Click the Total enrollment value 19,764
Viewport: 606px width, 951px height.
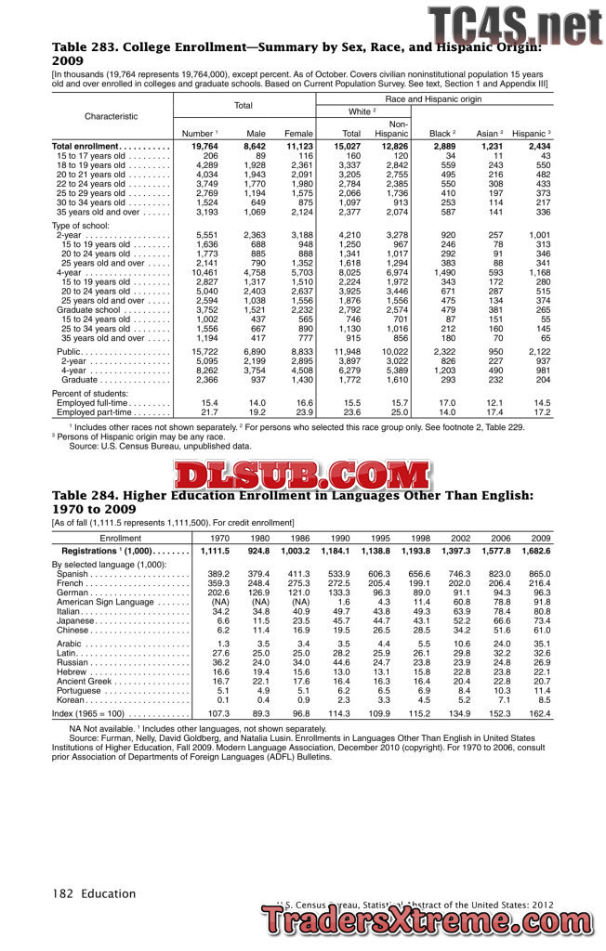coord(204,147)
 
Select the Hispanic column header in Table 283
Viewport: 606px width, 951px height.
coord(531,134)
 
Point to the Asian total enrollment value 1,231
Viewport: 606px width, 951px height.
coord(491,147)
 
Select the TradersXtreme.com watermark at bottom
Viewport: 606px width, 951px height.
coord(429,923)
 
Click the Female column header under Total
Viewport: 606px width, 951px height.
coord(298,134)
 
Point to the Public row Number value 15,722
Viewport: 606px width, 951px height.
coord(204,352)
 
